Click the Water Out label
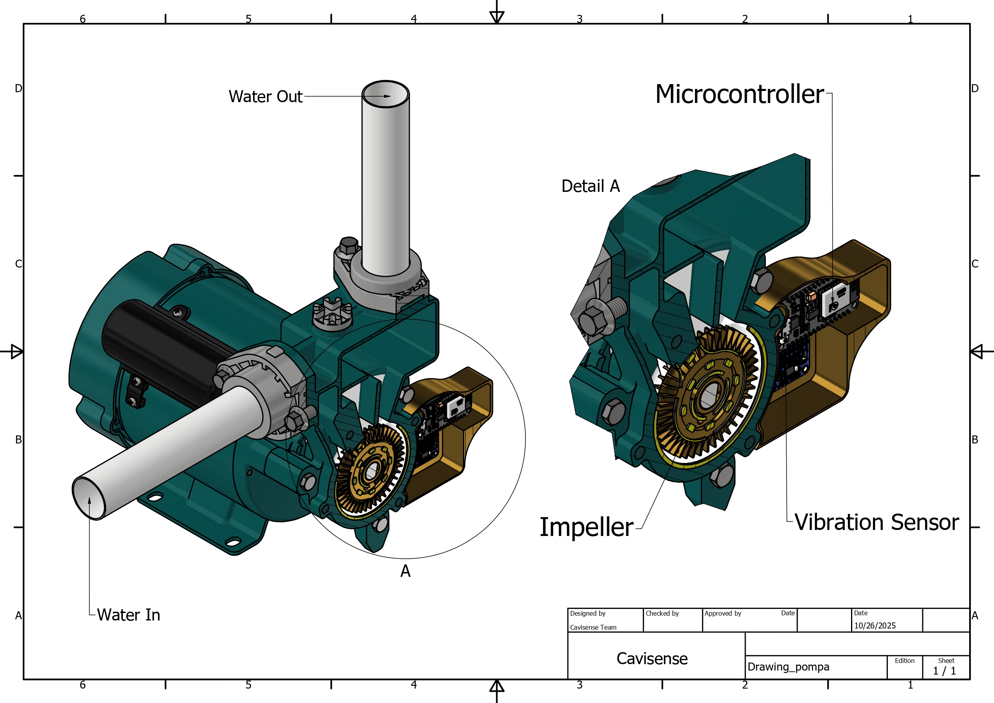pyautogui.click(x=266, y=97)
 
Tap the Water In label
pyautogui.click(x=128, y=614)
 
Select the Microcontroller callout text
pyautogui.click(x=739, y=94)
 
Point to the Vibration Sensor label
pyautogui.click(x=876, y=522)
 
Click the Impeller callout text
pyautogui.click(x=586, y=527)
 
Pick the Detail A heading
pyautogui.click(x=590, y=186)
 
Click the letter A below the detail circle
pyautogui.click(x=405, y=571)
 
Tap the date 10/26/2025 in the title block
pyautogui.click(x=875, y=625)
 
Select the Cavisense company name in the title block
pyautogui.click(x=652, y=659)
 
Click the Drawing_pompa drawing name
pyautogui.click(x=789, y=667)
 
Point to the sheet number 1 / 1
pyautogui.click(x=944, y=671)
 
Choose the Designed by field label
pyautogui.click(x=588, y=613)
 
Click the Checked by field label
pyautogui.click(x=662, y=613)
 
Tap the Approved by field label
pyautogui.click(x=722, y=613)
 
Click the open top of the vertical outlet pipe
pyautogui.click(x=385, y=94)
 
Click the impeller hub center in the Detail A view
pyautogui.click(x=708, y=395)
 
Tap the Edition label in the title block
pyautogui.click(x=904, y=661)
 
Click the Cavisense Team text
pyautogui.click(x=593, y=627)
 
